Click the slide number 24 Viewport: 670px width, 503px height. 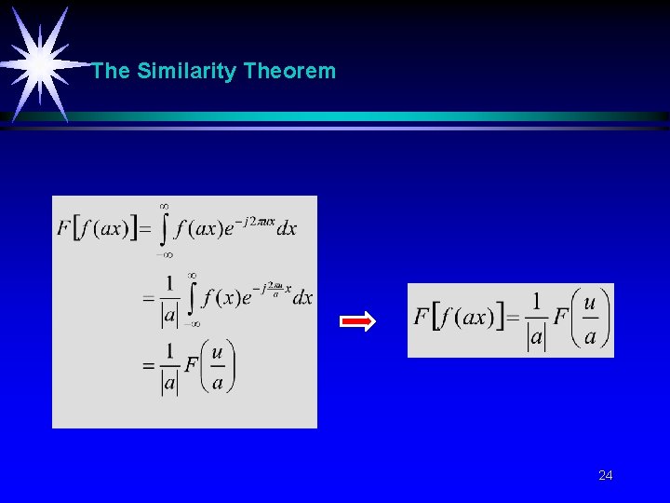[606, 476]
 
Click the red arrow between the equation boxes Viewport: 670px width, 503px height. [357, 322]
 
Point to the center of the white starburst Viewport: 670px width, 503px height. [40, 62]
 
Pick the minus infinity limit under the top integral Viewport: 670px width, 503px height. [164, 252]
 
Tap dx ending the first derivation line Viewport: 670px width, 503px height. [287, 228]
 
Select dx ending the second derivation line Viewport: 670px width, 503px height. [302, 297]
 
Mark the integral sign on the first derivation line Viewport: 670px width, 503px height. [165, 228]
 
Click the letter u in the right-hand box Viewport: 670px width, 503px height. [589, 302]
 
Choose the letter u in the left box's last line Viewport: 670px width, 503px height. [217, 351]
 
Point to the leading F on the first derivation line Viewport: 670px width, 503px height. [63, 228]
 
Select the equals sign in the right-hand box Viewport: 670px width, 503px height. [512, 319]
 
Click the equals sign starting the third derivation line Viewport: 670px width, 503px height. [148, 367]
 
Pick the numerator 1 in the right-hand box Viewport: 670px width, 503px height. [536, 300]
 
